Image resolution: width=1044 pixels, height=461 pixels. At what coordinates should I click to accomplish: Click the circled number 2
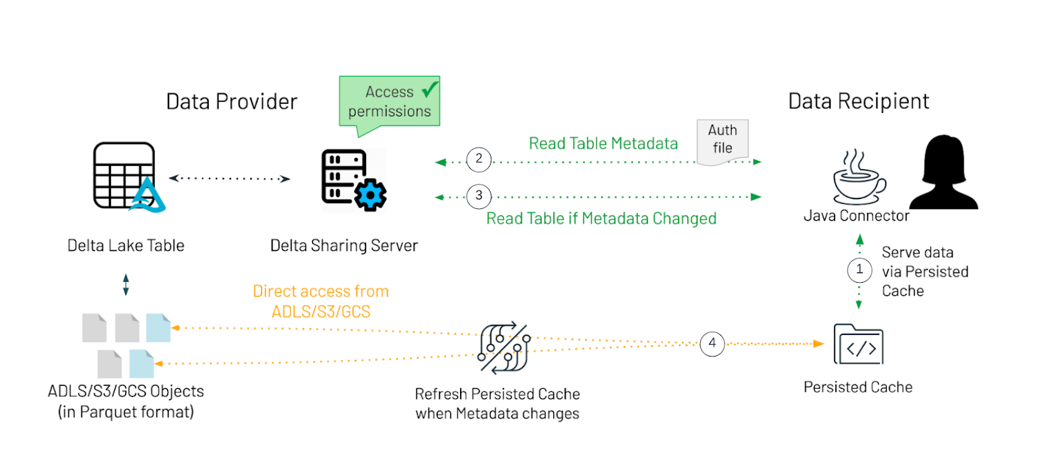pyautogui.click(x=479, y=159)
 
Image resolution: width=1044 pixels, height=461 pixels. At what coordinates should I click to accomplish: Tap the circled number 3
pyautogui.click(x=479, y=196)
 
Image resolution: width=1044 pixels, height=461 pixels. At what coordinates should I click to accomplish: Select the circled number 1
pyautogui.click(x=859, y=270)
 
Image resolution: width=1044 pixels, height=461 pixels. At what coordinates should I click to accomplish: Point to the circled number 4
pyautogui.click(x=712, y=343)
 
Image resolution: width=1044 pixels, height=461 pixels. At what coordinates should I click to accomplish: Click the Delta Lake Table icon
pyautogui.click(x=128, y=177)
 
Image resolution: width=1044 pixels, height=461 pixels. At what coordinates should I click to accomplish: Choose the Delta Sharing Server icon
pyautogui.click(x=353, y=180)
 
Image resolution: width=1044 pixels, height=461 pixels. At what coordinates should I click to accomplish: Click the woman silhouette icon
pyautogui.click(x=944, y=172)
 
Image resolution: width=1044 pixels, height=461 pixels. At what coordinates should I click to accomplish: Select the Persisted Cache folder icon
pyautogui.click(x=858, y=344)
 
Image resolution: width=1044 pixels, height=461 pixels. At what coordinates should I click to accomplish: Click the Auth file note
pyautogui.click(x=722, y=140)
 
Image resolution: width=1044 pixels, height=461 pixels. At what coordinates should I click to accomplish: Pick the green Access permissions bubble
pyautogui.click(x=389, y=102)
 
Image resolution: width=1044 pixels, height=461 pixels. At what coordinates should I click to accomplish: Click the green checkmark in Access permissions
pyautogui.click(x=430, y=89)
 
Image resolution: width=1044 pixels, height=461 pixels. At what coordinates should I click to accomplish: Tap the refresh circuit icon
pyautogui.click(x=504, y=347)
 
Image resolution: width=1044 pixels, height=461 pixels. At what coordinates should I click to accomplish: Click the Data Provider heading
pyautogui.click(x=232, y=102)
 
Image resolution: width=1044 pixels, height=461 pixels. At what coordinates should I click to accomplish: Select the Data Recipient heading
pyautogui.click(x=858, y=101)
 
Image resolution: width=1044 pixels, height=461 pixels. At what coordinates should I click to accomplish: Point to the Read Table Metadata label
pyautogui.click(x=603, y=144)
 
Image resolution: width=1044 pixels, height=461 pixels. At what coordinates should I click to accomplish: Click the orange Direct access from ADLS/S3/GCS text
pyautogui.click(x=321, y=301)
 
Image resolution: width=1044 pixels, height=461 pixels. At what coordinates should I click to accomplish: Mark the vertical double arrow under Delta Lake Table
pyautogui.click(x=126, y=285)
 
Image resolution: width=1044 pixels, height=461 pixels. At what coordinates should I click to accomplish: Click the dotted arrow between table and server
pyautogui.click(x=229, y=178)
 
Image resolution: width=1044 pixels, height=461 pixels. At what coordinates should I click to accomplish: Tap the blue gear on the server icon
pyautogui.click(x=370, y=195)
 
